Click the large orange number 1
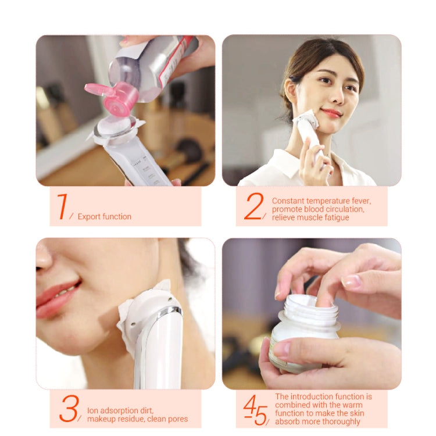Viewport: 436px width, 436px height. (x=62, y=206)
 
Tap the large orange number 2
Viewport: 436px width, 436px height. (x=253, y=206)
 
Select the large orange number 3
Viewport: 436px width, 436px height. (x=69, y=409)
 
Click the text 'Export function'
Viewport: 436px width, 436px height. (x=105, y=217)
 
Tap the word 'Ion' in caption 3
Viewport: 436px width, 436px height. (x=93, y=410)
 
